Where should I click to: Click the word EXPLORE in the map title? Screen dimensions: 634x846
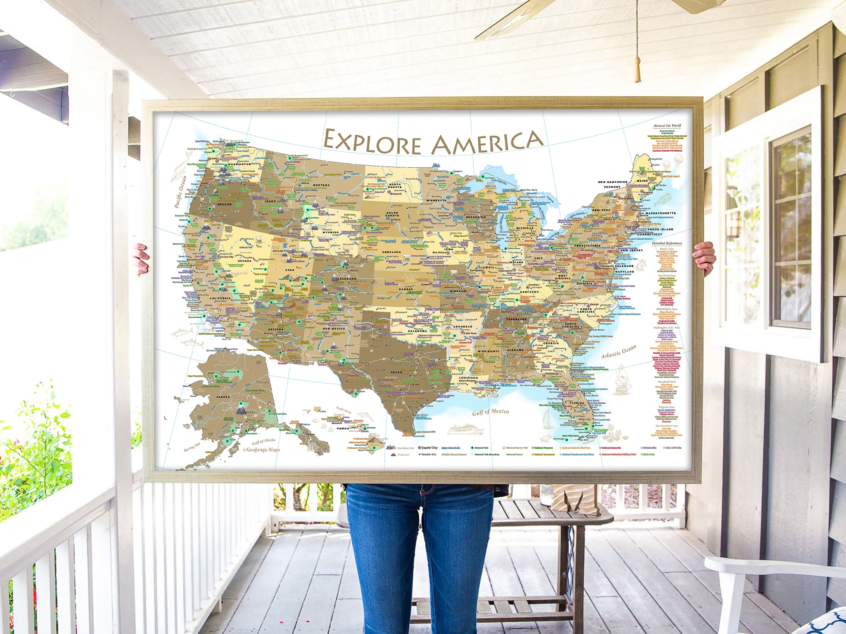coord(372,142)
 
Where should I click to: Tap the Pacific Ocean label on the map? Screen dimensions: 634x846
coord(181,191)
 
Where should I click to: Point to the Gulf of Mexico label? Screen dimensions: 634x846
coord(490,412)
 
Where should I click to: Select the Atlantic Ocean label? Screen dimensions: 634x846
coord(618,351)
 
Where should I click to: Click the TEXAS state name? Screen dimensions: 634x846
coord(396,372)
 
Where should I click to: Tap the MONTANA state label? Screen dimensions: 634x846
coord(321,185)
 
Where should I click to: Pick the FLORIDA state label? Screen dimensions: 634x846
coord(577,403)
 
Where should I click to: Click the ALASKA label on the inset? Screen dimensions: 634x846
coord(223,397)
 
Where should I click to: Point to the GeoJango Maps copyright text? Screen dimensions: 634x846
coord(261,450)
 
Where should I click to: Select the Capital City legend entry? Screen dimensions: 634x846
coord(428,448)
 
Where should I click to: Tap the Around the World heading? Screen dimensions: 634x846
coord(667,126)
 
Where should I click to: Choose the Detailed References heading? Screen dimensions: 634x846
coord(667,243)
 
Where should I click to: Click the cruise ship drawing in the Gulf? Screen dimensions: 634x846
coord(465,429)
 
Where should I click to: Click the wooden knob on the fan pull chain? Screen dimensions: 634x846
coord(637,70)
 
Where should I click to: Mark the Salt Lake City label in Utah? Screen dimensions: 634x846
coord(280,251)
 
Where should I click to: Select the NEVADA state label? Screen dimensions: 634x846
coord(244,261)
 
